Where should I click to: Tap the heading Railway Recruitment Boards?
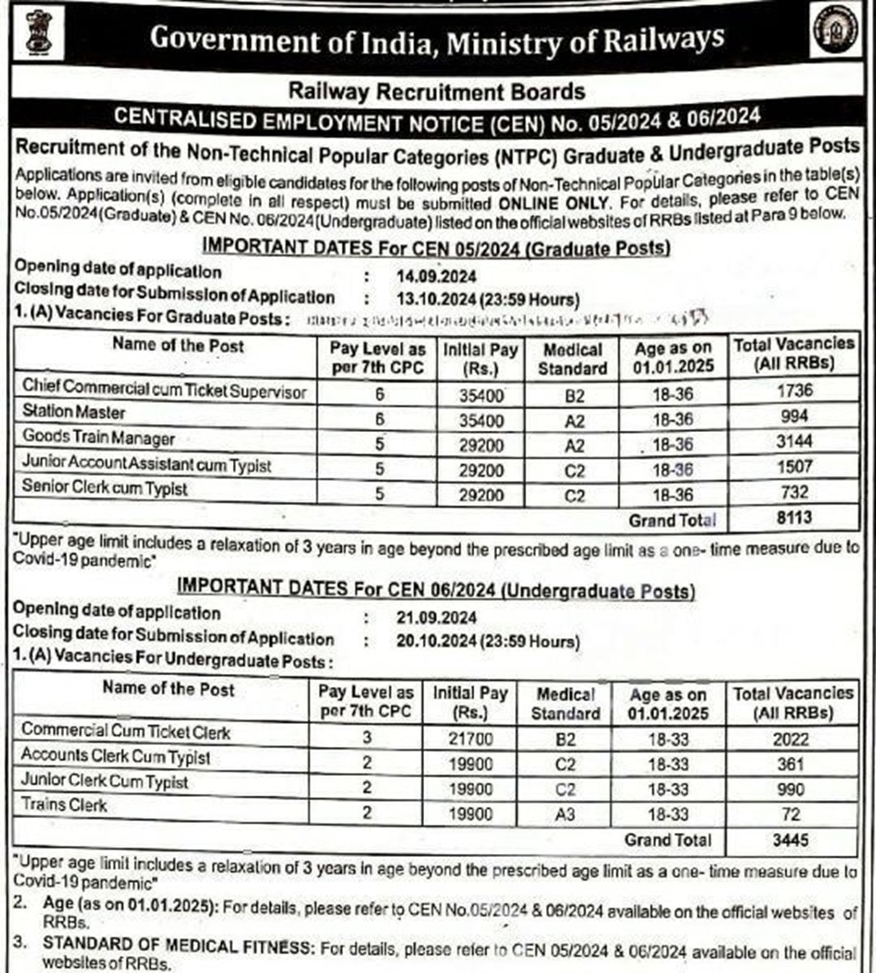(437, 91)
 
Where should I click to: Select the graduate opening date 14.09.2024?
(437, 277)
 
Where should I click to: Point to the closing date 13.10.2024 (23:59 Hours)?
(488, 299)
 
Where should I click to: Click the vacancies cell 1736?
(794, 391)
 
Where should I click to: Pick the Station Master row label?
(74, 412)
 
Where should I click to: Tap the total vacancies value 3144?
(794, 442)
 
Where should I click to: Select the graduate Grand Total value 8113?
(794, 518)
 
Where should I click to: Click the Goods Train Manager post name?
(99, 437)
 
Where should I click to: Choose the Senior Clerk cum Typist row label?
(104, 487)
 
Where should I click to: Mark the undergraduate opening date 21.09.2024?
(437, 618)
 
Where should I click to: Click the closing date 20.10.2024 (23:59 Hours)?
(488, 641)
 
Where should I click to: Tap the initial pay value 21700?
(471, 739)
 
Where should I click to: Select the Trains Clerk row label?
(64, 805)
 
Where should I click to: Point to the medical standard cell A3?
(565, 814)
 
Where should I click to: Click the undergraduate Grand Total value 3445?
(791, 840)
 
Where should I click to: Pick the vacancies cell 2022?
(791, 739)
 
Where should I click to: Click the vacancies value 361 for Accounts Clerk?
(791, 764)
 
